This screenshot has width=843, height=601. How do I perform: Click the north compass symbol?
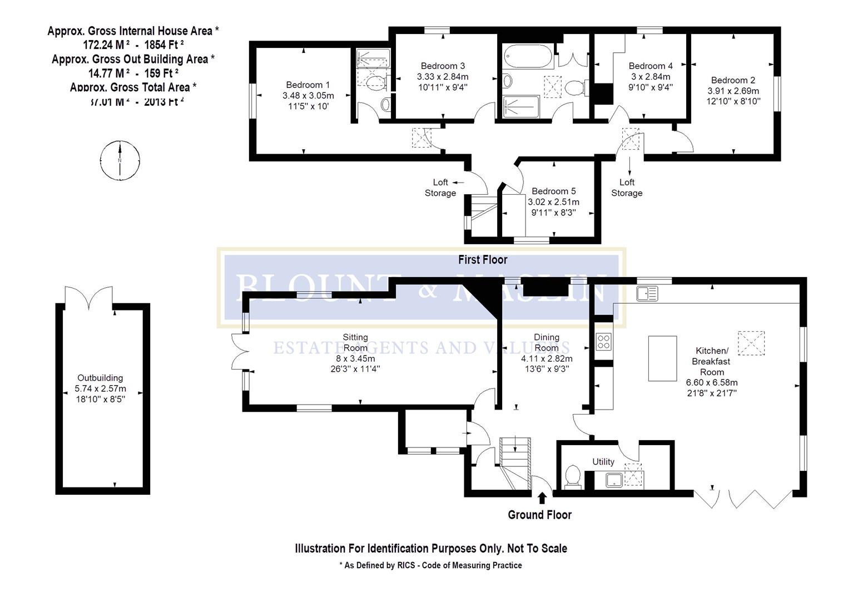point(120,160)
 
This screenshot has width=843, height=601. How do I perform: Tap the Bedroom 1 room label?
point(308,85)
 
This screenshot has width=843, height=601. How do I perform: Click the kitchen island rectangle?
point(662,358)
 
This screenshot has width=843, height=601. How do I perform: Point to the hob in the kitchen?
point(604,341)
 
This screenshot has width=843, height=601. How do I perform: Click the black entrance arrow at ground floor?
point(542,497)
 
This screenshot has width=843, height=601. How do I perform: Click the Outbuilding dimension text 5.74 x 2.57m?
point(101,388)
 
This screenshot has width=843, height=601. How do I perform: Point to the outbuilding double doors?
point(89,298)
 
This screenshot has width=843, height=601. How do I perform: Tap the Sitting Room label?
point(355,342)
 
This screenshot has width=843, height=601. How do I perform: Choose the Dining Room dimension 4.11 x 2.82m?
point(546,358)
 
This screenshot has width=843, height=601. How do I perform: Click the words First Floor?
point(482,259)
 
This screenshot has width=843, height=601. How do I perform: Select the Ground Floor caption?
point(539,515)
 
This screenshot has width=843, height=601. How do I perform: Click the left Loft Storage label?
point(440,188)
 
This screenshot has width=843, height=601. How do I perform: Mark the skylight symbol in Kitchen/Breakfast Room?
point(751,343)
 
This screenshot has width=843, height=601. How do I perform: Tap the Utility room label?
point(603,461)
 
